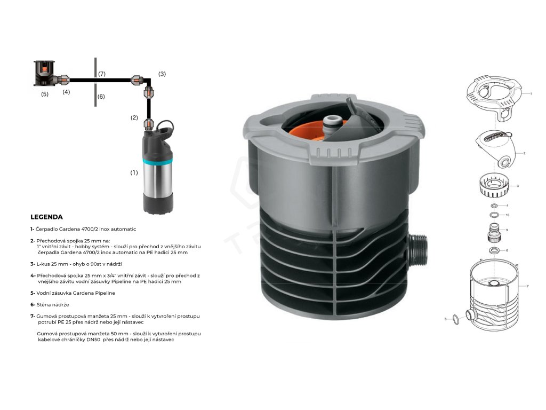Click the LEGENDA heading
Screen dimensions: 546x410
(47, 217)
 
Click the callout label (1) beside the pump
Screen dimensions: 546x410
(134, 172)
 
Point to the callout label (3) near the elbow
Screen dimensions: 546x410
(162, 74)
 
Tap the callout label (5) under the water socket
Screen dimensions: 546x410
(45, 94)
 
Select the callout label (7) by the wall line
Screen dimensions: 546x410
(102, 74)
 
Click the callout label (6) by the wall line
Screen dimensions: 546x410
(101, 97)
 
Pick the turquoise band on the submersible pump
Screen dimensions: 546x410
(157, 162)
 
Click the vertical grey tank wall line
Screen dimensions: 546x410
(95, 82)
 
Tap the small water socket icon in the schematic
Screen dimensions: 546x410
(44, 73)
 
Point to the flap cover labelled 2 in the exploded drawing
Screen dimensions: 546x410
(495, 148)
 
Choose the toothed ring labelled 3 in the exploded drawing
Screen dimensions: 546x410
(492, 186)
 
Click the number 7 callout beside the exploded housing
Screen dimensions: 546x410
(527, 286)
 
